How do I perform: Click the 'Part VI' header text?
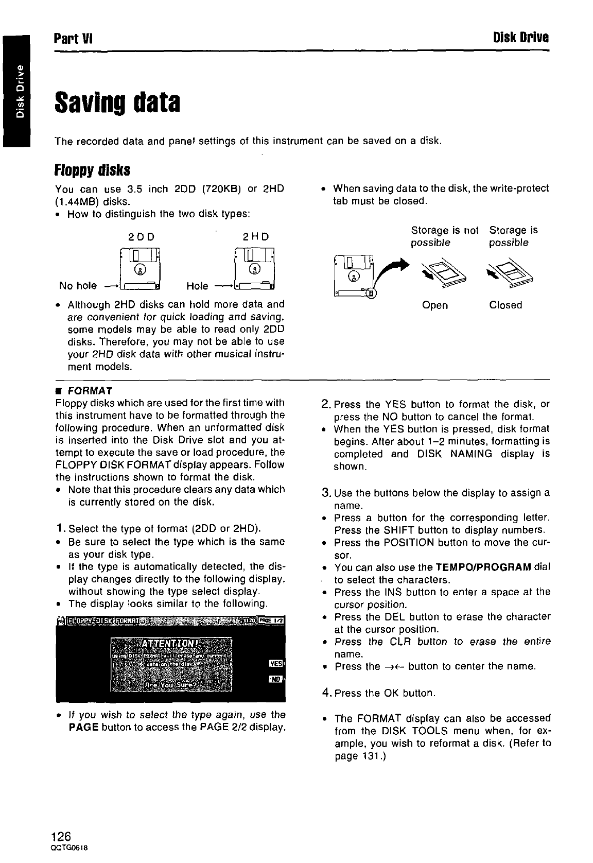(x=73, y=38)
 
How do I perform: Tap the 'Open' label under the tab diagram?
(x=434, y=305)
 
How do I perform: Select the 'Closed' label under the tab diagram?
(x=505, y=305)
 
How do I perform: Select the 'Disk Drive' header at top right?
(x=520, y=38)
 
